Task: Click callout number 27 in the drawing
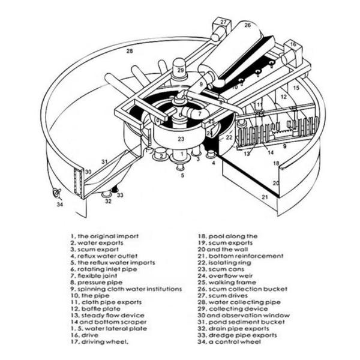click(223, 22)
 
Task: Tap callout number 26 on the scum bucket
click(247, 26)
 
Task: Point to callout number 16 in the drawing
click(293, 44)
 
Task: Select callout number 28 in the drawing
click(129, 52)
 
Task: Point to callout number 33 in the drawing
click(120, 195)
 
